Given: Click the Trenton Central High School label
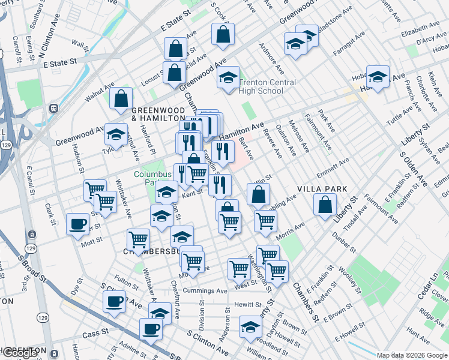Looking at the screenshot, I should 267,86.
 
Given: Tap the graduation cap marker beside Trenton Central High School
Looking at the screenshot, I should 228,77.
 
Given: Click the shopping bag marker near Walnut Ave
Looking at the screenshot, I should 121,99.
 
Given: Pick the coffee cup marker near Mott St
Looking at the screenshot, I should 77,224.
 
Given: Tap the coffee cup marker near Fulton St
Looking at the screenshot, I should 115,302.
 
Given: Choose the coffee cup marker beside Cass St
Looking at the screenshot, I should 151,329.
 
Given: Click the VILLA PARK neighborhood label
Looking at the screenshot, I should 322,188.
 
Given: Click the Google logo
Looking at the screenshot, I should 20,353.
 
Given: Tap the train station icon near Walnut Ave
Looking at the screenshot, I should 53,109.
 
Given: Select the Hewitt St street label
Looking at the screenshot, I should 247,305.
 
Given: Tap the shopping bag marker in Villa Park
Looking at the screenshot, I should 325,205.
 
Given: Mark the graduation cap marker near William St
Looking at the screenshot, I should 250,327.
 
